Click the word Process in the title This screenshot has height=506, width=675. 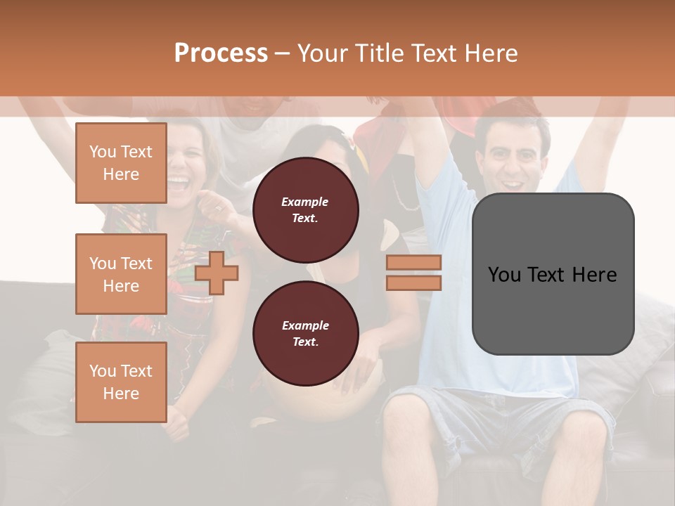221,53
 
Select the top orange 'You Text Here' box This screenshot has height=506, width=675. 121,163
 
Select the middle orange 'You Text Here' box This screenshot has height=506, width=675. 121,274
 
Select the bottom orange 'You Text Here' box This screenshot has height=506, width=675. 121,382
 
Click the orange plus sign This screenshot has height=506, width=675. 217,273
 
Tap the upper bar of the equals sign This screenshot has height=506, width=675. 414,262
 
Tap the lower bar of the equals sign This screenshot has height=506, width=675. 414,283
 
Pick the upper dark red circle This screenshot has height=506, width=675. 306,210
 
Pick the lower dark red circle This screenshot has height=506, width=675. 306,334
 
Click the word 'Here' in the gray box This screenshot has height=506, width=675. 594,275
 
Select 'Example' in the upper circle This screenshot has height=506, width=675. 304,202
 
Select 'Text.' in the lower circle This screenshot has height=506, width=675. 305,342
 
